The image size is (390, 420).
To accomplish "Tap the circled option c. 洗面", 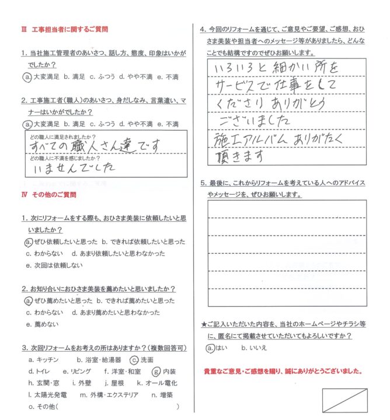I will pyautogui.click(x=141, y=360).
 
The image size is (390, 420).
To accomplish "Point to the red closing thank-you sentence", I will pyautogui.click(x=283, y=371).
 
